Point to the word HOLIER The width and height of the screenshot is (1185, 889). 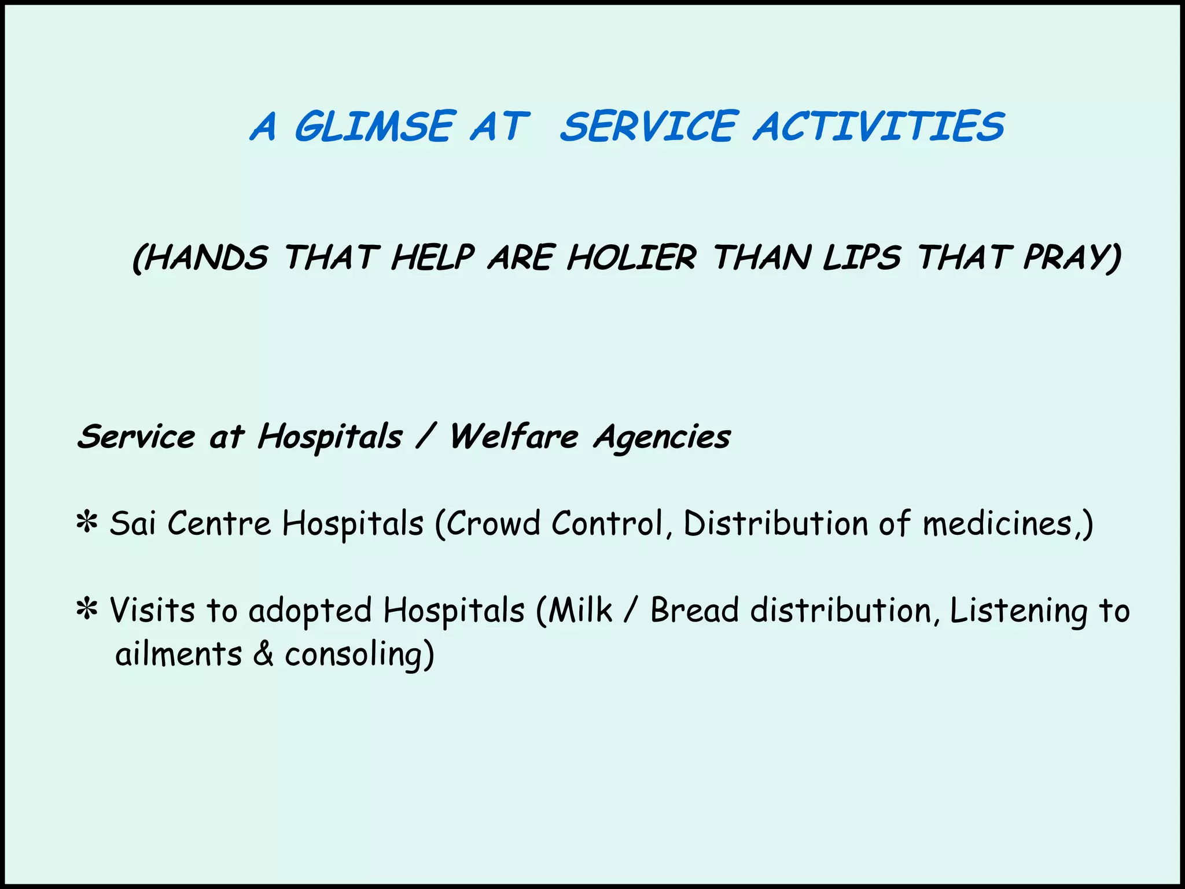click(631, 258)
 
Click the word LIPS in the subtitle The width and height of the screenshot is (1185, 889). click(862, 258)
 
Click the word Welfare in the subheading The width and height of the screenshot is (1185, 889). click(514, 436)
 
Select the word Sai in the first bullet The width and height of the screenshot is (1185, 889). click(133, 524)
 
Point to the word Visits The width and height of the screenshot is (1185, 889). click(152, 611)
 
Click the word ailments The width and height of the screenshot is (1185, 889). click(178, 655)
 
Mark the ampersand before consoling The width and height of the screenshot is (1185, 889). click(263, 655)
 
